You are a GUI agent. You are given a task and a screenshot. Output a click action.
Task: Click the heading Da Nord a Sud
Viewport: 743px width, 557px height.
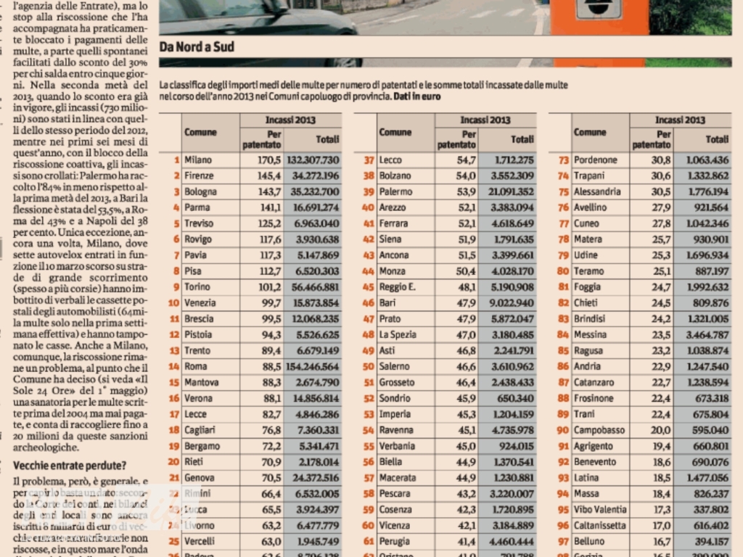coord(197,48)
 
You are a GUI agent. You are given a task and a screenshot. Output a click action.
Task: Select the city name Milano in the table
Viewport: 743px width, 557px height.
coord(198,160)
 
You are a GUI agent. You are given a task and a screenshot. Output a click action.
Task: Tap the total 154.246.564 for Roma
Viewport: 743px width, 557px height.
coord(313,367)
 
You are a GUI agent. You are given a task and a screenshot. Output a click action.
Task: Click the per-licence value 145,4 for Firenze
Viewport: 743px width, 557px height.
coord(268,176)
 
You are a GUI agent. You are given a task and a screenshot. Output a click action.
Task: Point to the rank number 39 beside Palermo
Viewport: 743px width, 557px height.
coord(368,191)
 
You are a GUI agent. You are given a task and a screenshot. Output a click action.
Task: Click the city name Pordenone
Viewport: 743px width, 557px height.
coord(595,160)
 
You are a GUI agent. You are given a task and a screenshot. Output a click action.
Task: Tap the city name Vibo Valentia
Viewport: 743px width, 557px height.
coord(600,510)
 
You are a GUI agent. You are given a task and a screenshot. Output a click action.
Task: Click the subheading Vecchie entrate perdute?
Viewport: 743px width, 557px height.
coord(70,466)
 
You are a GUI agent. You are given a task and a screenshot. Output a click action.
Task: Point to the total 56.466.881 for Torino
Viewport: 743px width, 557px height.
coord(313,287)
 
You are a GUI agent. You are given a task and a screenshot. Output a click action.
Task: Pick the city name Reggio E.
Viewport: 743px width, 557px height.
coord(397,287)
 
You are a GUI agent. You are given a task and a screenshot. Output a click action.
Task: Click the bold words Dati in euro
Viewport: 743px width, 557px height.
coord(417,96)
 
